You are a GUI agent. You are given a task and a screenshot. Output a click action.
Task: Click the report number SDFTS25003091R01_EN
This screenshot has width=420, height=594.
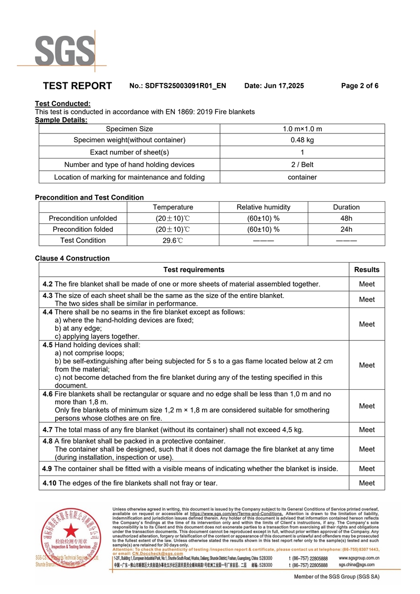click(185, 86)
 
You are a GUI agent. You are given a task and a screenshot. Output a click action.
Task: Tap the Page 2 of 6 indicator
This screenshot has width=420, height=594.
click(360, 86)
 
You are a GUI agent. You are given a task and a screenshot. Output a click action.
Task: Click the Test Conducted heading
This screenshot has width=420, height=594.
click(62, 104)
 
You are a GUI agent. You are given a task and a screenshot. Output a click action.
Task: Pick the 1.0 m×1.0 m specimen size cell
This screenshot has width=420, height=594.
click(302, 129)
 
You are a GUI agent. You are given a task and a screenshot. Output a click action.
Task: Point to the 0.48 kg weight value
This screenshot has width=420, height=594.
click(302, 140)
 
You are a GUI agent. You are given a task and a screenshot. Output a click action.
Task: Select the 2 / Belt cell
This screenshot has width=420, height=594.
click(302, 164)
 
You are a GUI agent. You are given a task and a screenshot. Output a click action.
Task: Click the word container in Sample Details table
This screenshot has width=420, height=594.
click(302, 177)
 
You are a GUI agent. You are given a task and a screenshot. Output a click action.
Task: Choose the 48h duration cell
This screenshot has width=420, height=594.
click(346, 218)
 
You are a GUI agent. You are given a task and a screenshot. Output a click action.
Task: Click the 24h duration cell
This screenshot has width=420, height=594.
click(346, 229)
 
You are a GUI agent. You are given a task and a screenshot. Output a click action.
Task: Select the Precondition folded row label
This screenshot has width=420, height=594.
click(83, 229)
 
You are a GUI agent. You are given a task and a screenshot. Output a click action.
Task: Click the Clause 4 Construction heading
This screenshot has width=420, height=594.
click(72, 258)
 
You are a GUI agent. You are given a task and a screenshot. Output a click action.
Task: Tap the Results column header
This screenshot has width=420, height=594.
click(366, 269)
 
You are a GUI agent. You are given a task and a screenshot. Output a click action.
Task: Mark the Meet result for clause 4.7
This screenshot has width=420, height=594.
click(366, 430)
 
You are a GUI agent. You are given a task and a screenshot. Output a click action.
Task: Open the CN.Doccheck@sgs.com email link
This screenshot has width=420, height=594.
click(157, 553)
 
